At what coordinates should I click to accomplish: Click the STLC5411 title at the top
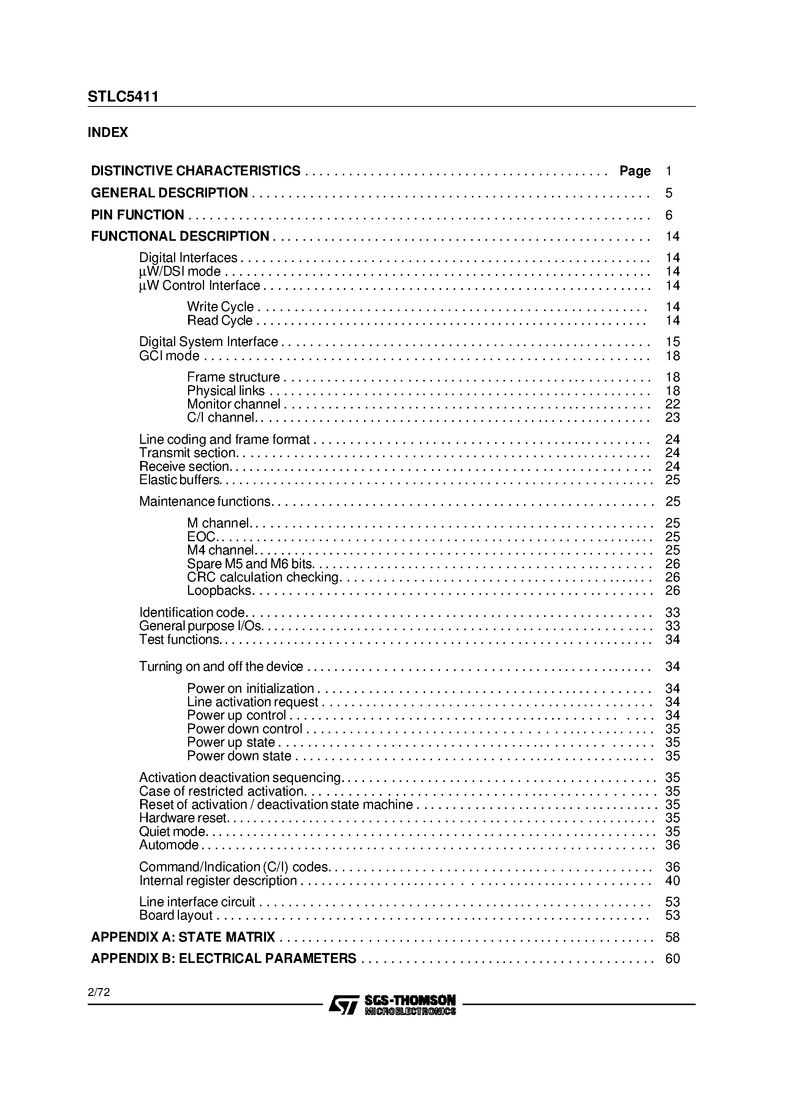pos(123,97)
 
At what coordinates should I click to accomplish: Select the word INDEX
pos(108,132)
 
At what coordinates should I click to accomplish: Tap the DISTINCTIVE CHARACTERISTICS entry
pos(196,171)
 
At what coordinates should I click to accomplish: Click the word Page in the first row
pos(635,171)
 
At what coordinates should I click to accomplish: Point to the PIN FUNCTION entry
pos(138,214)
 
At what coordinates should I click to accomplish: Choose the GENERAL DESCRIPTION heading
pos(169,193)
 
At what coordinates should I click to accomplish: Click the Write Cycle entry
pos(220,307)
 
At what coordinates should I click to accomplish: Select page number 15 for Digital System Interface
pos(672,342)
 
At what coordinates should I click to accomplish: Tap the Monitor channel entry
pos(233,404)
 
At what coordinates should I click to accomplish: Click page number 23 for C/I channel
pos(672,418)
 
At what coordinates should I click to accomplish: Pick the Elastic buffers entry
pos(180,480)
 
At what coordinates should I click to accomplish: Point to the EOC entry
pos(201,537)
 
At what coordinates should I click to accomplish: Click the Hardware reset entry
pos(182,818)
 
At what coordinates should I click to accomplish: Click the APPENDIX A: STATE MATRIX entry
pos(183,937)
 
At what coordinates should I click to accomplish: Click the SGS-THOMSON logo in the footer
pos(392,1005)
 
